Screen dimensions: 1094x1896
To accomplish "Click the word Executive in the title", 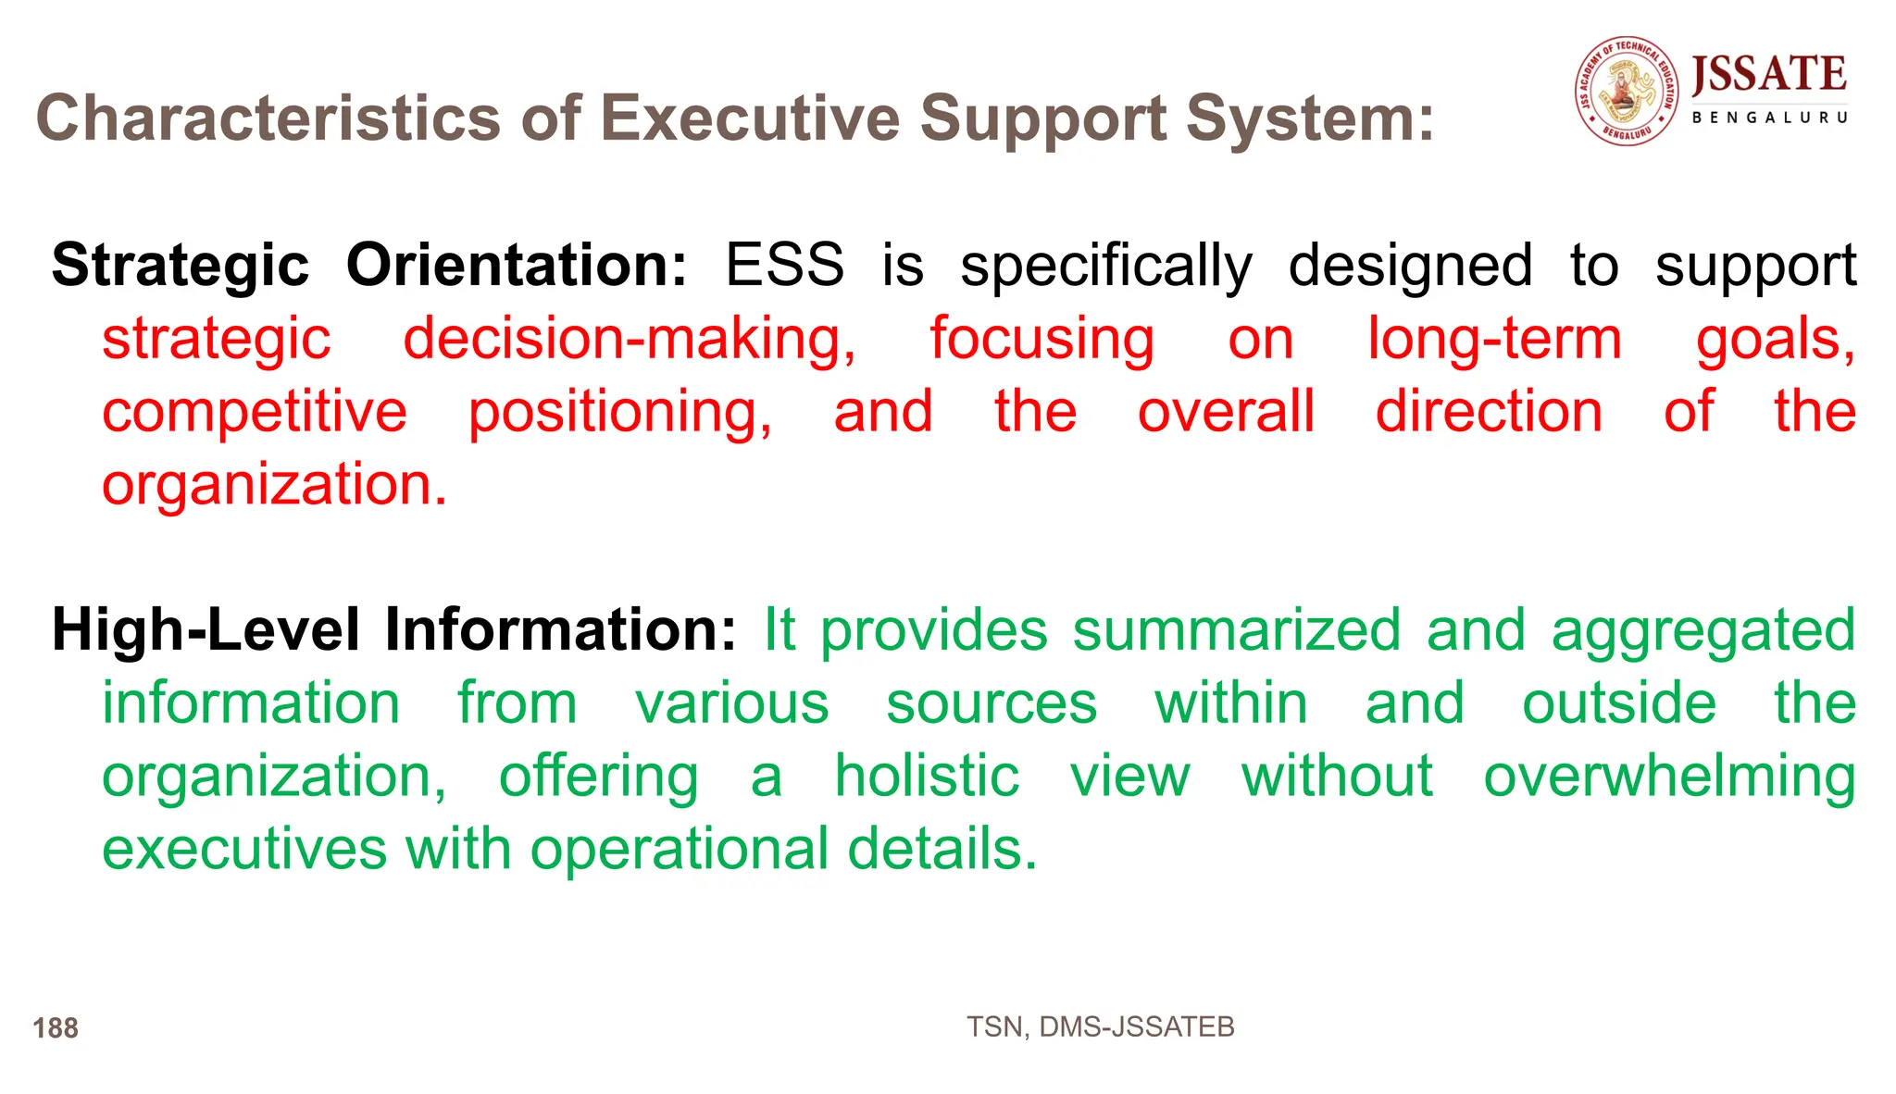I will coord(749,118).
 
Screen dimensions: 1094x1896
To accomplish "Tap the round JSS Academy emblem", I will coord(1627,91).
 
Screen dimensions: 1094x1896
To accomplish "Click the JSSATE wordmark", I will coord(1768,74).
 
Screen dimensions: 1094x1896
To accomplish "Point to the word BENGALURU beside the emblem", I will coord(1769,118).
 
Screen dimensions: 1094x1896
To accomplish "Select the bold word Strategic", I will coord(180,266).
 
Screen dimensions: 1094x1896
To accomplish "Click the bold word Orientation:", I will coord(517,266).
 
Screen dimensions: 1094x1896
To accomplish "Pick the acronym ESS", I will coord(784,266).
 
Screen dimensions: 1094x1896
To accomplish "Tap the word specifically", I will coord(1105,266).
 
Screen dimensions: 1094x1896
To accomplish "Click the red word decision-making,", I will coord(630,339).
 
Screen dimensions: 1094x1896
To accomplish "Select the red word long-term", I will coord(1494,339).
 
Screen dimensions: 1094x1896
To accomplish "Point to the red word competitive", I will coord(254,412).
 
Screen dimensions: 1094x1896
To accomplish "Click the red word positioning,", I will coord(619,412).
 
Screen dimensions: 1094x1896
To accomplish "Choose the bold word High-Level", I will coord(205,630).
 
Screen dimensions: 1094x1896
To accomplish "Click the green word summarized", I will coord(1236,630).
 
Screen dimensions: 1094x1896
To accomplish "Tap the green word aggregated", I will coord(1703,630).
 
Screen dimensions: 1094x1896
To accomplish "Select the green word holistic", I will coord(926,776).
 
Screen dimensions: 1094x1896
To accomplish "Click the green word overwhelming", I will coord(1669,776).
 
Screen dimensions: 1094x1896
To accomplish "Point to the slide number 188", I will coord(56,1028).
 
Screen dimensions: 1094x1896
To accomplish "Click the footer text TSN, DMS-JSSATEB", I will coord(1100,1027).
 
